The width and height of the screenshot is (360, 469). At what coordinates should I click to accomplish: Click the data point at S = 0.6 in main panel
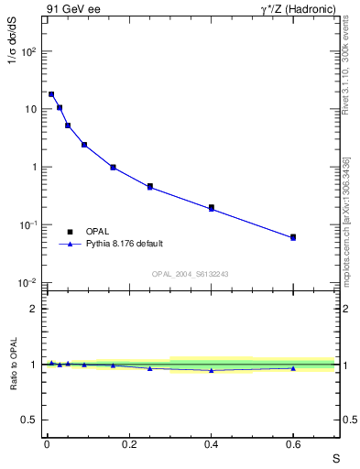click(293, 237)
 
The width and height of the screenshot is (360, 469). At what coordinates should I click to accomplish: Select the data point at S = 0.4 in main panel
click(211, 208)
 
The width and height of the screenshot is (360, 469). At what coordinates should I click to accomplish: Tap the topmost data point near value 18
click(51, 94)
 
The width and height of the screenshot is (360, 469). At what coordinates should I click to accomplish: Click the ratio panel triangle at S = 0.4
click(211, 370)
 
